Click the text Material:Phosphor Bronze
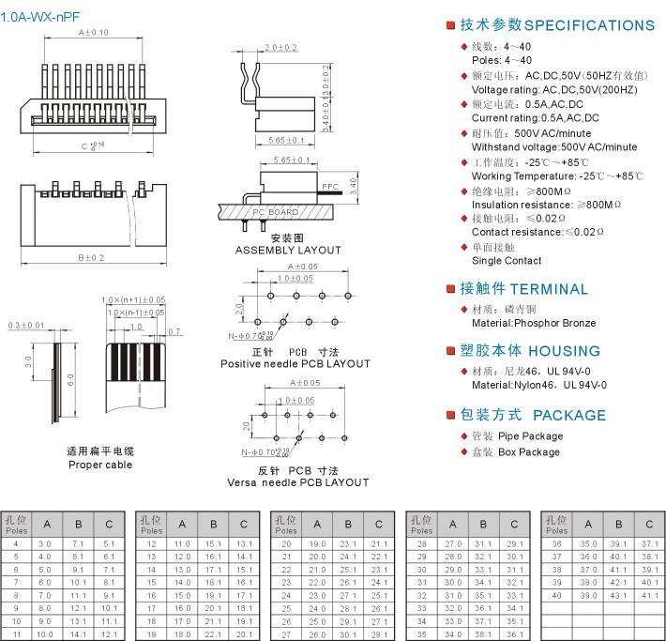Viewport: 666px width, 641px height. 534,323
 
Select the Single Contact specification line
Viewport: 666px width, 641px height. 507,261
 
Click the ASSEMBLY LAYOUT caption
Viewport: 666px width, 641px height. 288,251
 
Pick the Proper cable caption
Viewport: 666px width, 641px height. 100,465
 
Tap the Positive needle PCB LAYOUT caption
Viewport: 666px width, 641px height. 295,363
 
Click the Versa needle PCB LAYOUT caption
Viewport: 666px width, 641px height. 298,482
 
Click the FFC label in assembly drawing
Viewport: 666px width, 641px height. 330,188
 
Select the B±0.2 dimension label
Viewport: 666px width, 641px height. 91,257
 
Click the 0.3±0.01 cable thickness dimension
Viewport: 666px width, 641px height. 26,325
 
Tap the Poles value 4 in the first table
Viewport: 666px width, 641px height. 16,544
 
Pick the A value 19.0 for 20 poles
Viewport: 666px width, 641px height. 318,544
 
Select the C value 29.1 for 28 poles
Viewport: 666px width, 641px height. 514,544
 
